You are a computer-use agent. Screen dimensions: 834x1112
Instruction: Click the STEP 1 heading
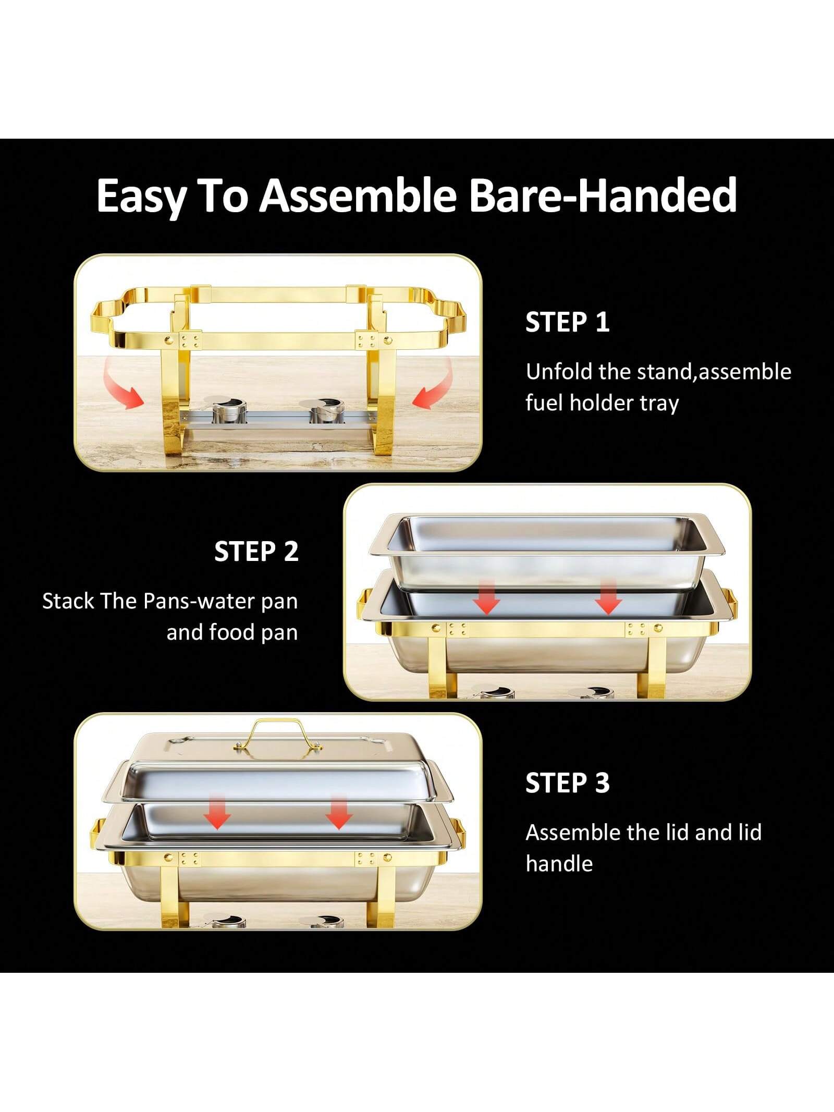pos(567,322)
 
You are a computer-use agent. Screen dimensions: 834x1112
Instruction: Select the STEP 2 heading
pos(256,552)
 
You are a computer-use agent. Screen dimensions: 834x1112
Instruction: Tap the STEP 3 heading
pos(567,783)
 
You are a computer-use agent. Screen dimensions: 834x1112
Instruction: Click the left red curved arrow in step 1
pos(123,385)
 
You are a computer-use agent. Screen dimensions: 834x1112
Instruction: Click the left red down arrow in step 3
pos(217,812)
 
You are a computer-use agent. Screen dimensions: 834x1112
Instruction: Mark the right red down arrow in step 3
pos(339,812)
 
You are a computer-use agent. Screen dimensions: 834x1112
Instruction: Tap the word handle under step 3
pos(559,864)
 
